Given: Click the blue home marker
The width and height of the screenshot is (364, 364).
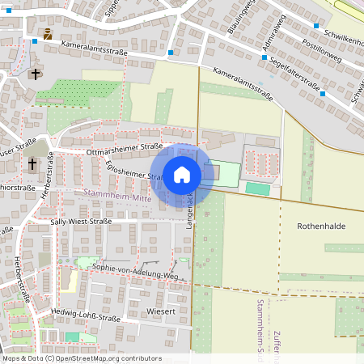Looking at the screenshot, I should pos(182,175).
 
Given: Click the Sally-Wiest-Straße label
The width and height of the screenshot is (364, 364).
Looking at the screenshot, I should pos(81,221).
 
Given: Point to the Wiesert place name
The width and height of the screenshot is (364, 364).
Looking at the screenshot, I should pos(161,310).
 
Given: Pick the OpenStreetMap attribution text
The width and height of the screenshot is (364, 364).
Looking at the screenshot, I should pos(81,358).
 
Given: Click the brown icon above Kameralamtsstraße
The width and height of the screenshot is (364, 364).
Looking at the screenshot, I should pos(48,34).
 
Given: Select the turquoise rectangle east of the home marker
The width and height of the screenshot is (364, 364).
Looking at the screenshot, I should pos(259,188).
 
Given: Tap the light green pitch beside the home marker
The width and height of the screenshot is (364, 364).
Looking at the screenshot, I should pos(226,172).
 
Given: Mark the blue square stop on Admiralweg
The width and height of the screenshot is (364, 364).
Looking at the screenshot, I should pos(265,57).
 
